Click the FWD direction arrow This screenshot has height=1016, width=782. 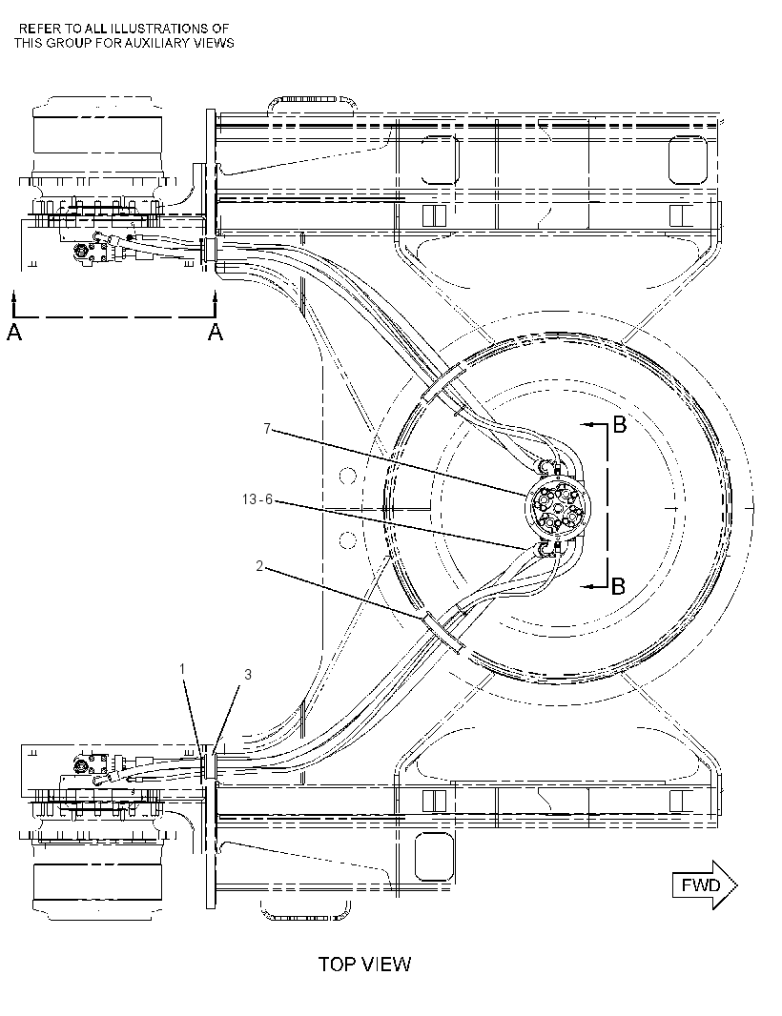[x=704, y=884]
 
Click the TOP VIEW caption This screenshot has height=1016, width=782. [x=364, y=965]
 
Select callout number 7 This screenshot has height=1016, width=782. [x=267, y=428]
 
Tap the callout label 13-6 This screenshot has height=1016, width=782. [x=257, y=499]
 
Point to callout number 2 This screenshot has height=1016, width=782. [x=259, y=566]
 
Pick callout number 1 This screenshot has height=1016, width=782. [x=183, y=668]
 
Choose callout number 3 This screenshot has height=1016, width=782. [x=247, y=675]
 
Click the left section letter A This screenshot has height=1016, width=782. [x=13, y=333]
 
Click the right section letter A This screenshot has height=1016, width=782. [x=216, y=333]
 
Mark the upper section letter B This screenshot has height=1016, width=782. [x=620, y=425]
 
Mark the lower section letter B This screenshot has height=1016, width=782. [x=619, y=586]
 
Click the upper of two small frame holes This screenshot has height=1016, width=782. [x=347, y=477]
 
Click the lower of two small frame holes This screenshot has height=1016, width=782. [x=347, y=539]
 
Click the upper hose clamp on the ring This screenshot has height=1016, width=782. [x=444, y=383]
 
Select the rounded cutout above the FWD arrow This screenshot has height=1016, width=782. [x=433, y=857]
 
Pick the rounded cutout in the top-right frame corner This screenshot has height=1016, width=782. [x=689, y=159]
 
